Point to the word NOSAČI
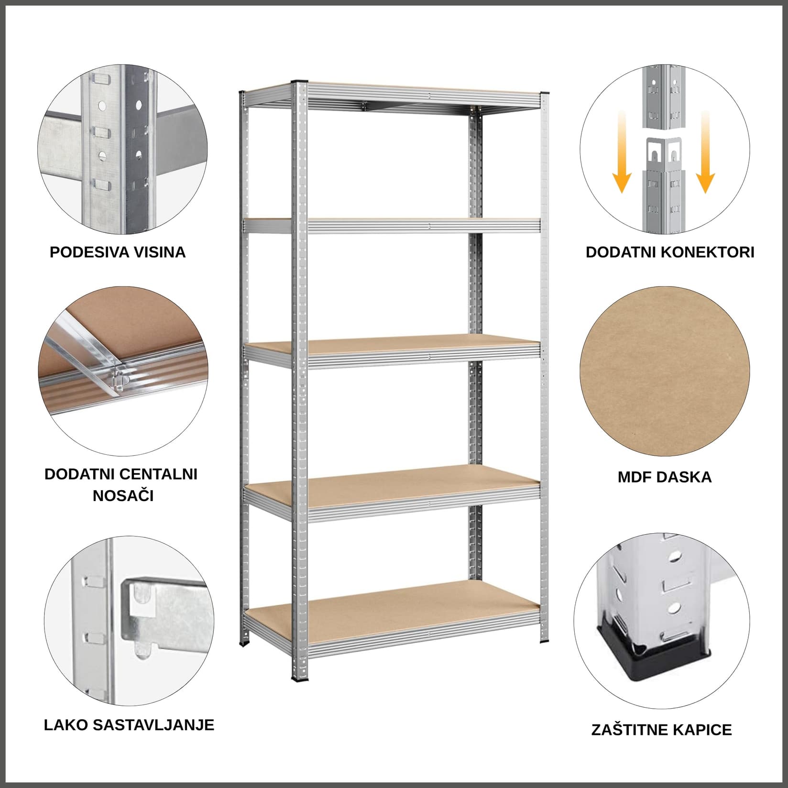click(x=123, y=496)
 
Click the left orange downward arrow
click(x=622, y=153)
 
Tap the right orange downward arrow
click(x=705, y=153)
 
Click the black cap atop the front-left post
click(x=300, y=82)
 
